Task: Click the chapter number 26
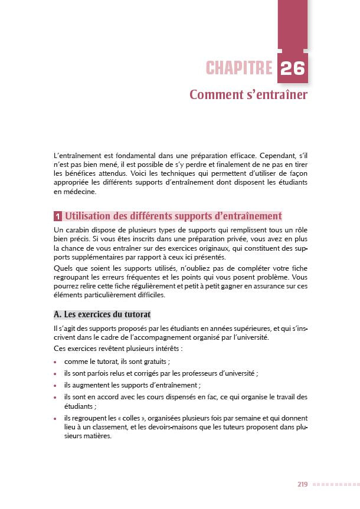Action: tap(293, 69)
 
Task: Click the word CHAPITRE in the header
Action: tap(238, 69)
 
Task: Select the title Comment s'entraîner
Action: tap(248, 95)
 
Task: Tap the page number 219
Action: tap(302, 484)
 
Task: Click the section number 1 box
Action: tap(58, 216)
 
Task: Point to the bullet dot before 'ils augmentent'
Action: tap(55, 385)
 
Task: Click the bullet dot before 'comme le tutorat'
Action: tap(55, 363)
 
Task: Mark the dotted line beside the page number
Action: tap(333, 485)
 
